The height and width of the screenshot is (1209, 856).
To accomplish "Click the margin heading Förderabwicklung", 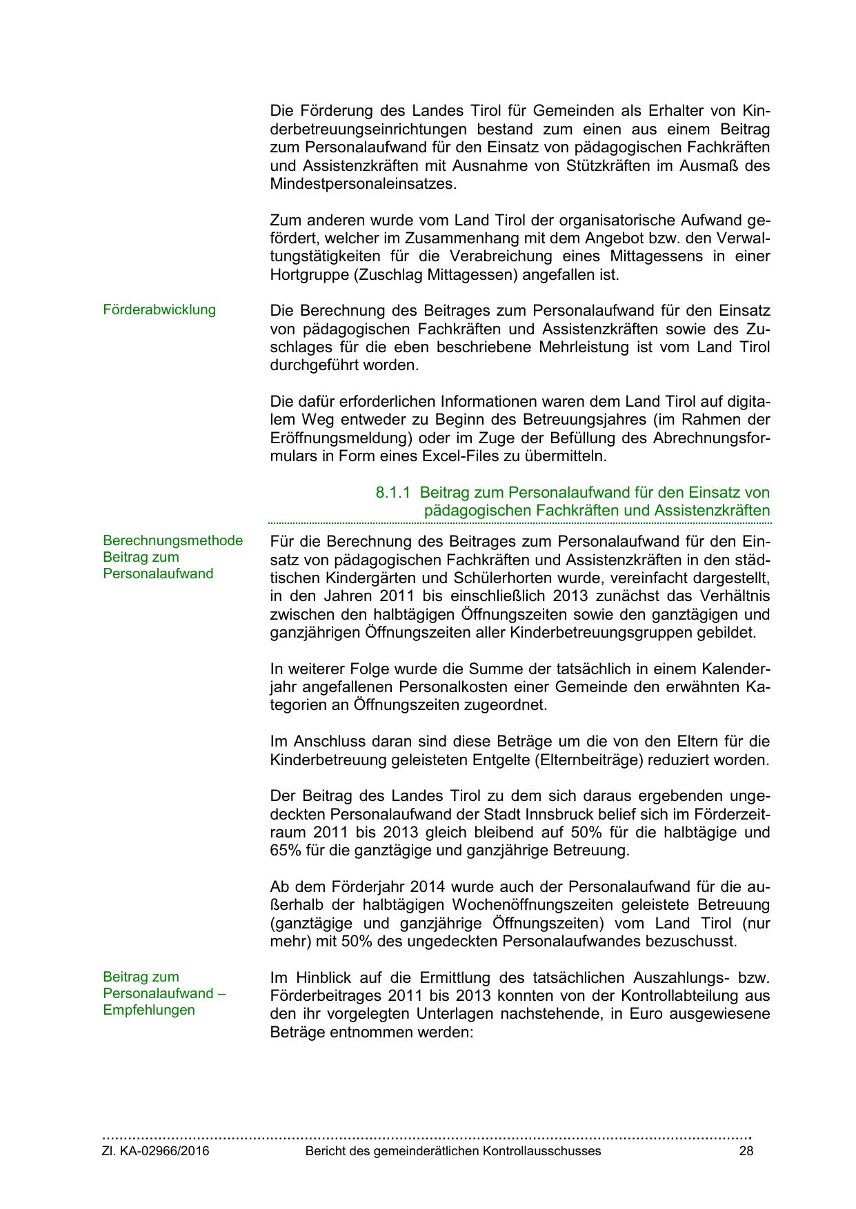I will coord(159,310).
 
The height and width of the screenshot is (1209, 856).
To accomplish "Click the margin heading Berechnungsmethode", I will coord(172,540).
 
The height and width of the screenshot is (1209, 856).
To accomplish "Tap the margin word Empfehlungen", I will coord(148,1010).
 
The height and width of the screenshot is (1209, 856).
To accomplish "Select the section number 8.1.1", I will coord(393,493).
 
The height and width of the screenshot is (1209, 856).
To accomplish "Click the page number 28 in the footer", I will coord(746,1151).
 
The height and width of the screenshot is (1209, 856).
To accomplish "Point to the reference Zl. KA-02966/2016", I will coord(156,1151).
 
